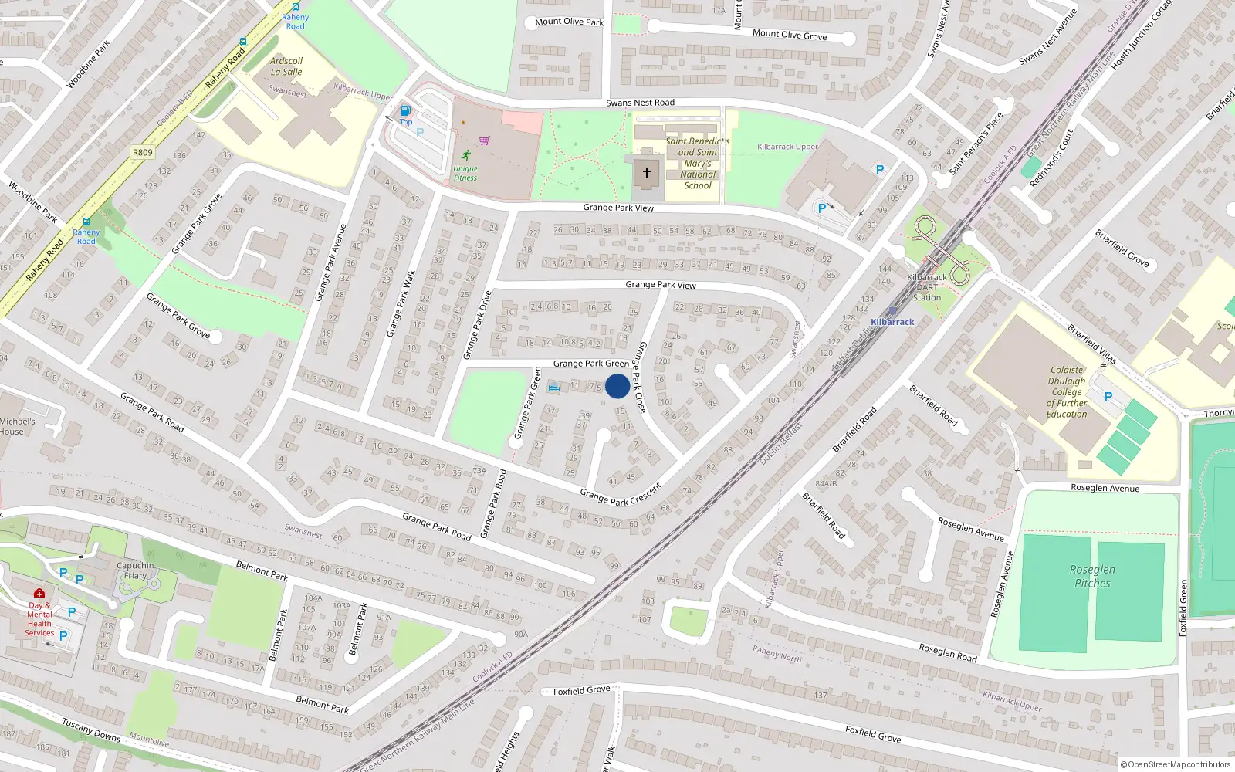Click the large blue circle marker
coord(617,386)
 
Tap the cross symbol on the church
coord(647,173)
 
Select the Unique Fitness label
coord(465,173)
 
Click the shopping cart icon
coord(484,141)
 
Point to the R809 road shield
coord(143,152)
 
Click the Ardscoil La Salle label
coord(286,66)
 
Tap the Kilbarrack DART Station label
coord(927,287)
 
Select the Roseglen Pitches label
coord(1092,576)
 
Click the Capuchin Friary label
coord(135,571)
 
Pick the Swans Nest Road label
coord(640,103)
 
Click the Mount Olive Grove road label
coord(789,35)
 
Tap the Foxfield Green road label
coord(1183,608)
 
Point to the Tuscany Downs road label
coord(90,730)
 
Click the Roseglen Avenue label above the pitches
coord(1105,488)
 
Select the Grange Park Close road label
coord(639,377)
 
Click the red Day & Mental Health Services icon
coord(39,594)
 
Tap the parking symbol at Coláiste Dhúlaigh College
coord(1108,397)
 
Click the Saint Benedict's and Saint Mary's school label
coord(698,163)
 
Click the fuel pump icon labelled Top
coord(405,111)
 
